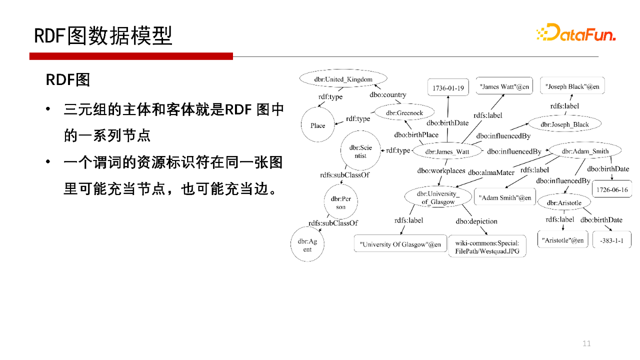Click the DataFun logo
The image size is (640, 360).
click(575, 33)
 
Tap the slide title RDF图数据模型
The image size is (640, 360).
click(103, 35)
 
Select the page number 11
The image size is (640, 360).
click(586, 343)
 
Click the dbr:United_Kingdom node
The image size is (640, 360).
click(343, 79)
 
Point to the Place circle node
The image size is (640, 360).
click(317, 125)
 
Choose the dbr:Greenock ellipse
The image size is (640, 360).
click(404, 113)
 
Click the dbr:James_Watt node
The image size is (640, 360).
click(447, 151)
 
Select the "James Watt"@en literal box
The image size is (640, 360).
click(504, 86)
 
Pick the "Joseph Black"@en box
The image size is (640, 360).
click(572, 86)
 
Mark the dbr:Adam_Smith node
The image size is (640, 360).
click(585, 151)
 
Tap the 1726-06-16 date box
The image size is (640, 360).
click(612, 189)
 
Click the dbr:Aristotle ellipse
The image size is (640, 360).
click(564, 202)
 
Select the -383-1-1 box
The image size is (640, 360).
click(611, 240)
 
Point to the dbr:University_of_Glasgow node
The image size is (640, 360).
click(438, 198)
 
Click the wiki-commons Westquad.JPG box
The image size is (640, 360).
click(487, 247)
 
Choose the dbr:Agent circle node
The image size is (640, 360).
click(307, 245)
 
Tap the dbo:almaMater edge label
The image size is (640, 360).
click(491, 173)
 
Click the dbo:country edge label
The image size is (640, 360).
click(388, 94)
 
